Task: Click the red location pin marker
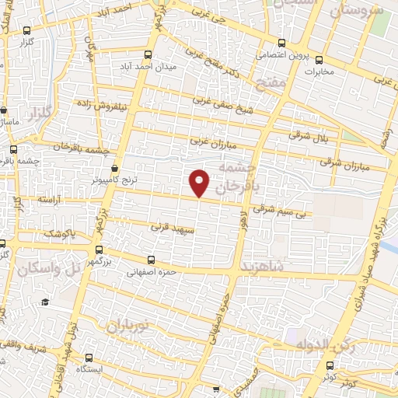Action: point(200,181)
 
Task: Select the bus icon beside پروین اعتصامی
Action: point(281,44)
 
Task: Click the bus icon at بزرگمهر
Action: point(98,250)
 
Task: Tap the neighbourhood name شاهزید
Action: point(264,267)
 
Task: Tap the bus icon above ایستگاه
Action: point(90,358)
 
